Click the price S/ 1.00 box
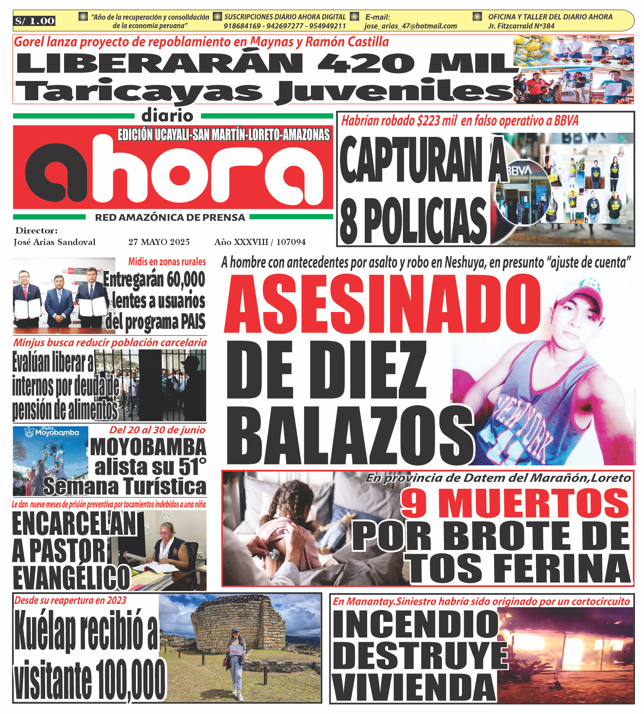(x=35, y=21)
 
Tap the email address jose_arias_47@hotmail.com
(x=410, y=26)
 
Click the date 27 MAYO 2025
(x=159, y=242)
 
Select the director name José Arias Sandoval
(x=55, y=242)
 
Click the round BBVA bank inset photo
(x=522, y=193)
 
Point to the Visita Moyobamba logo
(x=51, y=432)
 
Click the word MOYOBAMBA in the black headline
(x=148, y=447)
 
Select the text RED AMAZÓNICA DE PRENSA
(x=170, y=217)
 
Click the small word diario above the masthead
(x=167, y=116)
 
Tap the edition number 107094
(x=291, y=242)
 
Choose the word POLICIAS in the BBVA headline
(x=425, y=221)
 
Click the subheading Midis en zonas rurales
(x=167, y=261)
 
